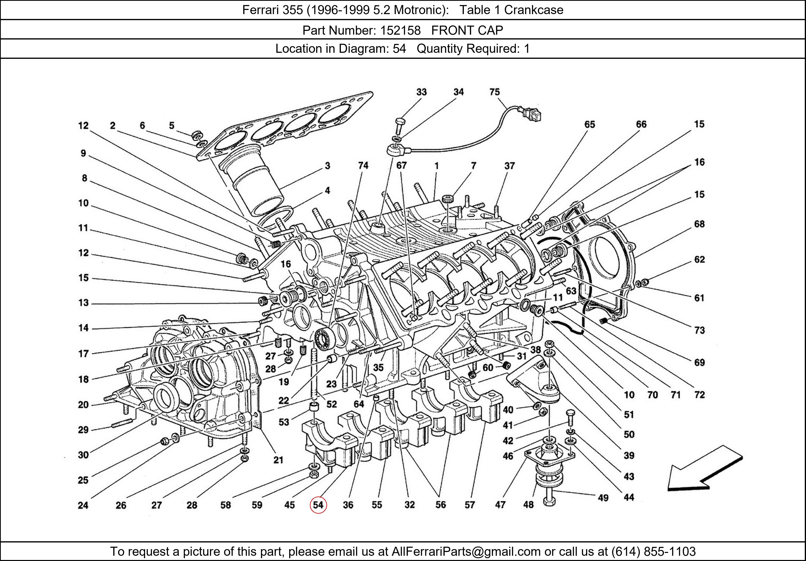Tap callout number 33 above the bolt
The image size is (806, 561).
pyautogui.click(x=421, y=92)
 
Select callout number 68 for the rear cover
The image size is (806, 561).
pyautogui.click(x=699, y=224)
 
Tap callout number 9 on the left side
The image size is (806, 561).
pyautogui.click(x=83, y=153)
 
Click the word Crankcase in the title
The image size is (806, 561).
pyautogui.click(x=534, y=10)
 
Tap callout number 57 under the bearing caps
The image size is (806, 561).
pyautogui.click(x=470, y=505)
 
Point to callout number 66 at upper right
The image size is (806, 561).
pyautogui.click(x=641, y=124)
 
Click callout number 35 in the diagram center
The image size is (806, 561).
pyautogui.click(x=378, y=368)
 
